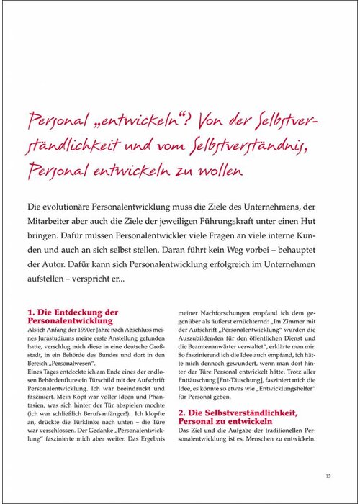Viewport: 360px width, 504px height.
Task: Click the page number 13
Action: pos(327,474)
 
